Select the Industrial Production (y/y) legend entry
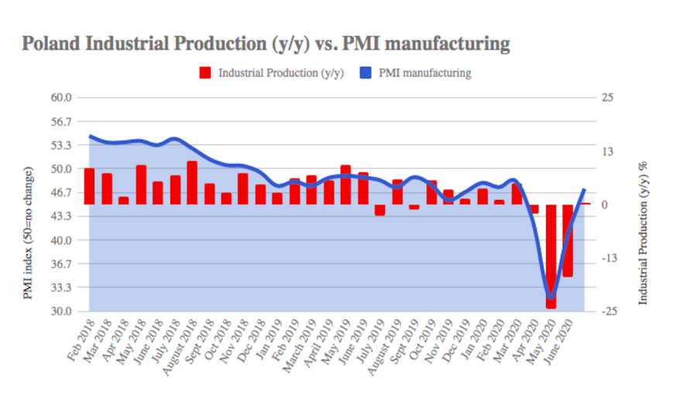pyautogui.click(x=271, y=74)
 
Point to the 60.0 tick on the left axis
pyautogui.click(x=60, y=98)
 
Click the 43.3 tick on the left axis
pyautogui.click(x=60, y=216)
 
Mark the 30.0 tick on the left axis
pyautogui.click(x=60, y=311)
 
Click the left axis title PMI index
pyautogui.click(x=28, y=232)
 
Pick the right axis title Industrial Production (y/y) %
pyautogui.click(x=642, y=232)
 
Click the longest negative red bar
pyautogui.click(x=551, y=256)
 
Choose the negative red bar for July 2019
pyautogui.click(x=379, y=210)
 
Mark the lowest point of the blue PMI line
pyautogui.click(x=551, y=297)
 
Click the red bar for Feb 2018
pyautogui.click(x=89, y=186)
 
